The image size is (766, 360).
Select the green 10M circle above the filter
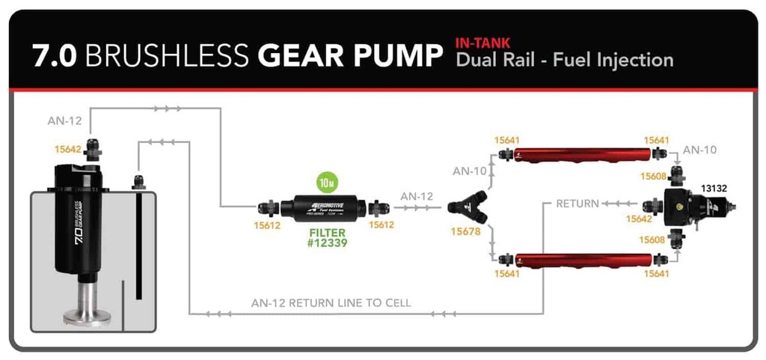click(326, 182)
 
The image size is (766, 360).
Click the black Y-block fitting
click(469, 209)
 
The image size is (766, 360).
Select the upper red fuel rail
click(580, 154)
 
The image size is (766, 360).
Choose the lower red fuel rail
click(580, 259)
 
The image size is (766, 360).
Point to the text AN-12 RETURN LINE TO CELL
click(331, 303)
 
